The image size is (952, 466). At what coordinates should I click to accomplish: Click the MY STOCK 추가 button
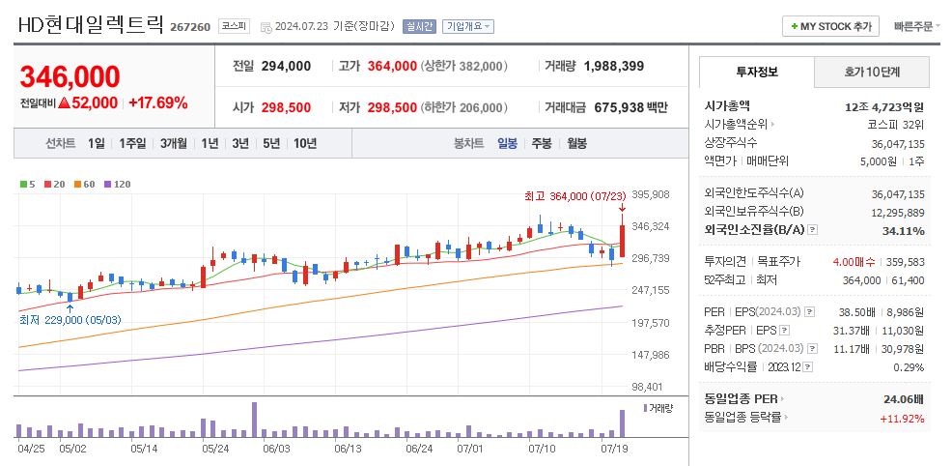pyautogui.click(x=830, y=26)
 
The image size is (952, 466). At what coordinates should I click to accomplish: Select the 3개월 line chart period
pyautogui.click(x=174, y=143)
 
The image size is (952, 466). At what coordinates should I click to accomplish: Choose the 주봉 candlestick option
pyautogui.click(x=541, y=143)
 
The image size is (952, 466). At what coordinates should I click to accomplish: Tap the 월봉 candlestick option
pyautogui.click(x=576, y=143)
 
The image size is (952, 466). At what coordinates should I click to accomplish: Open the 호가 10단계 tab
pyautogui.click(x=872, y=72)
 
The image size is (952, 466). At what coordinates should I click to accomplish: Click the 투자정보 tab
pyautogui.click(x=757, y=72)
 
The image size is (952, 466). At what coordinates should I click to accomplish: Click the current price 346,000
pyautogui.click(x=70, y=76)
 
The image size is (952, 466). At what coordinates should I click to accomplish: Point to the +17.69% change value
pyautogui.click(x=157, y=102)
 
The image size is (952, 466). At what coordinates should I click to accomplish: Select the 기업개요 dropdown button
pyautogui.click(x=469, y=26)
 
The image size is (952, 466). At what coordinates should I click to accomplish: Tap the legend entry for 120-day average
pyautogui.click(x=119, y=183)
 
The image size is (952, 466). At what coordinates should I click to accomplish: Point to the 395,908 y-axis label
pyautogui.click(x=650, y=195)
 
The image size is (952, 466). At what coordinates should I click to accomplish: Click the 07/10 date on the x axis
pyautogui.click(x=543, y=449)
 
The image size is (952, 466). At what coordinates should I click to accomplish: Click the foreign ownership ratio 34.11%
pyautogui.click(x=904, y=230)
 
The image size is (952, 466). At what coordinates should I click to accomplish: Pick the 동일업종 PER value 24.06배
pyautogui.click(x=904, y=398)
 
